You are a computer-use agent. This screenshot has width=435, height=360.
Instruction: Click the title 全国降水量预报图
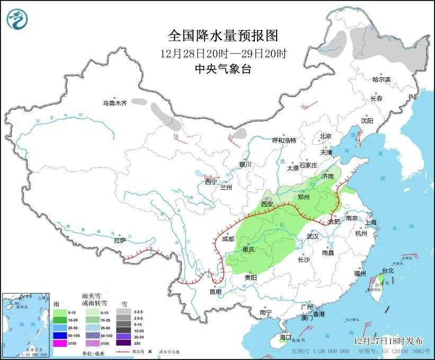pos(223,36)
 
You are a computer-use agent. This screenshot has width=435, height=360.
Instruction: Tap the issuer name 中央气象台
pos(223,68)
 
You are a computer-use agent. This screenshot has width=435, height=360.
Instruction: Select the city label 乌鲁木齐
pos(115,103)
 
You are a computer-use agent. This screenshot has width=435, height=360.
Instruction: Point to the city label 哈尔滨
pos(381,80)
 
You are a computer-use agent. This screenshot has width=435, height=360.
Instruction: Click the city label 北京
pos(325,136)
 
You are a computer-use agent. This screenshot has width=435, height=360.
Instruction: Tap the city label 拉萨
pos(120,240)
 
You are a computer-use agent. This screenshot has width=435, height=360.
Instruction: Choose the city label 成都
pos(228,239)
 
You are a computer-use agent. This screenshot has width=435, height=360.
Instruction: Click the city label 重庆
pos(248,250)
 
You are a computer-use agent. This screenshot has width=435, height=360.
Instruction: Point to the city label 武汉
pos(313,236)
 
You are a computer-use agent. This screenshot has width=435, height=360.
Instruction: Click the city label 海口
pos(286,337)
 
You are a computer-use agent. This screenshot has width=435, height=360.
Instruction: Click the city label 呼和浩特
pos(284,141)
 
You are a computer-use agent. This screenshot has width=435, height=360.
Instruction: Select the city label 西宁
pos(211,182)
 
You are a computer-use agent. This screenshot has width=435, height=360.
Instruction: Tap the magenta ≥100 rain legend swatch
pos(60,343)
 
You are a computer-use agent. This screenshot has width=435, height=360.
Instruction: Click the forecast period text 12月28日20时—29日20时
pos(223,54)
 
